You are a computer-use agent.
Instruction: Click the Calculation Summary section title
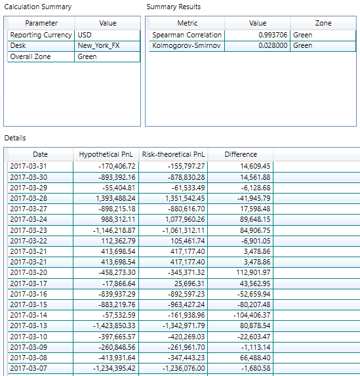38,7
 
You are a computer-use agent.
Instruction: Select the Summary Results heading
174,7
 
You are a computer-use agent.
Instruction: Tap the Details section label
15,138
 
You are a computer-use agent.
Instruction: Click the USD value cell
85,35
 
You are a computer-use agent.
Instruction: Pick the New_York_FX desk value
98,45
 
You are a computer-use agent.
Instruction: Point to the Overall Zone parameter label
30,56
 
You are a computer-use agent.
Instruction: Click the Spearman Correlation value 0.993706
273,35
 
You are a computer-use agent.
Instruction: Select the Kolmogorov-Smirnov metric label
186,45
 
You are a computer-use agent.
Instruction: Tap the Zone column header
323,23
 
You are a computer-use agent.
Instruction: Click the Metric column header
188,23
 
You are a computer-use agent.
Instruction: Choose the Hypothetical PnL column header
106,154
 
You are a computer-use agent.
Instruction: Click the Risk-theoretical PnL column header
173,154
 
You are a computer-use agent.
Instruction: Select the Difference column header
241,154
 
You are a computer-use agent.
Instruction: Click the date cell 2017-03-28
28,198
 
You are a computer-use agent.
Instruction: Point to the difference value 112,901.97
253,272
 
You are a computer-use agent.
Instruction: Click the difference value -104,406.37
252,315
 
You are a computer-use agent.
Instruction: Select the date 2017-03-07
28,368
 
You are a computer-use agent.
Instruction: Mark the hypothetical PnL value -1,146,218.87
114,230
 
